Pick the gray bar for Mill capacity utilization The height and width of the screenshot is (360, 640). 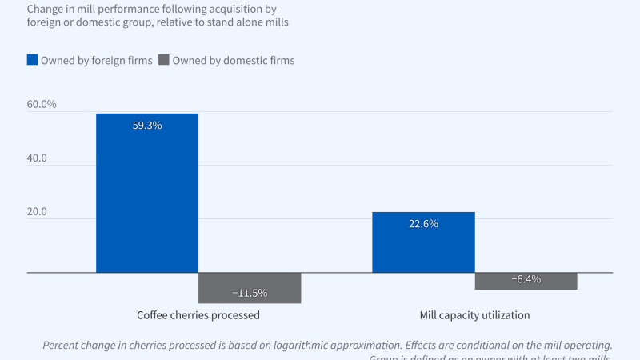point(526,281)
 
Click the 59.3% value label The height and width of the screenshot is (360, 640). point(147,126)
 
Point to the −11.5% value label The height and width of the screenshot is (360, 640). point(250,294)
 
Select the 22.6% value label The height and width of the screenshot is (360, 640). point(423,225)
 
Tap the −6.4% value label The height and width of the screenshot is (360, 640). point(526,279)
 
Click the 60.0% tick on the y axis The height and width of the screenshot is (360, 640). point(42,104)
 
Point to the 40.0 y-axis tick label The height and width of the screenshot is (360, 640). point(37,158)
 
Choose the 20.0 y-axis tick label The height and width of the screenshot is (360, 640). point(37,213)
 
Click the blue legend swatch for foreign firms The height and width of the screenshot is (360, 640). point(32,60)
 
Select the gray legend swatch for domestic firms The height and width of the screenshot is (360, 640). point(164,60)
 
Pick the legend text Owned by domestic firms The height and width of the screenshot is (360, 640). point(234,61)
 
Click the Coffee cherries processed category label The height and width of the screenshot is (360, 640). point(198,315)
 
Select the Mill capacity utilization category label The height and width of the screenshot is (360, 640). point(474,315)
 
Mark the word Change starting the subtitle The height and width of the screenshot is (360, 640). point(46,8)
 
